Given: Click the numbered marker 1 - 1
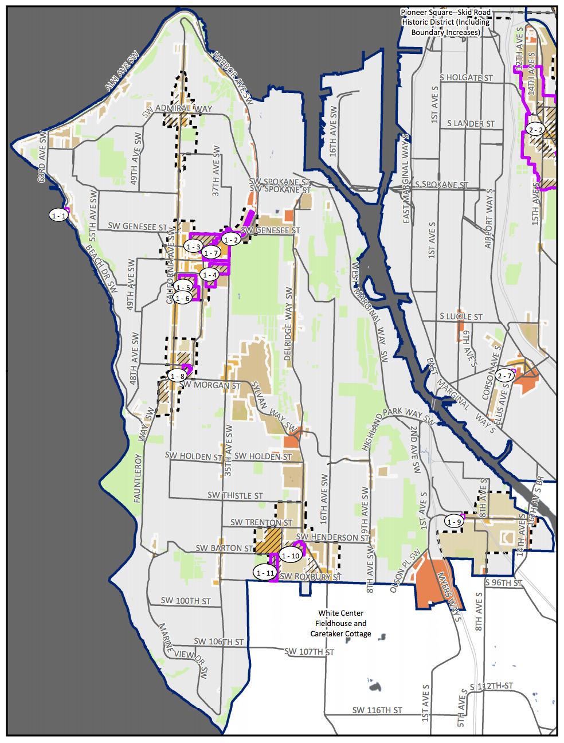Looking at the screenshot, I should [x=58, y=215].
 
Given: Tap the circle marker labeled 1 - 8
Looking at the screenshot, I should [x=177, y=376].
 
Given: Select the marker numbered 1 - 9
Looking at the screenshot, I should [x=454, y=521].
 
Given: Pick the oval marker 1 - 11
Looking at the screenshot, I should [x=265, y=572].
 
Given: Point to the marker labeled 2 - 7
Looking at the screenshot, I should [x=504, y=376].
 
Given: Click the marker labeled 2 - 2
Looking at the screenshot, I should [x=535, y=130].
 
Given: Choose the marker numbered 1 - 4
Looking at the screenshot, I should [x=210, y=275].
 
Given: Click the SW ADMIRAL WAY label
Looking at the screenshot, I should [x=177, y=109].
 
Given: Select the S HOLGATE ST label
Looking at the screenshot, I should [x=466, y=77].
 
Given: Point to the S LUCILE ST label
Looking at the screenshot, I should [x=461, y=316].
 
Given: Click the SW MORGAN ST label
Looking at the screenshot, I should [x=210, y=385].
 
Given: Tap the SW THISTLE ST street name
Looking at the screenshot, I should [x=235, y=495].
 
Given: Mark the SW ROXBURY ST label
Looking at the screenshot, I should [x=310, y=577].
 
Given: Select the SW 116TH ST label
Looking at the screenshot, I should [x=377, y=710].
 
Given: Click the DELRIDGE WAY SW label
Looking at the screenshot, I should [x=288, y=324].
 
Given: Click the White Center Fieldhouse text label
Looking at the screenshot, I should [x=340, y=623].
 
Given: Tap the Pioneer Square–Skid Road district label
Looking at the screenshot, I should [x=445, y=22].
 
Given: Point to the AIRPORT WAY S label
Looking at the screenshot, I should [x=489, y=218].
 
